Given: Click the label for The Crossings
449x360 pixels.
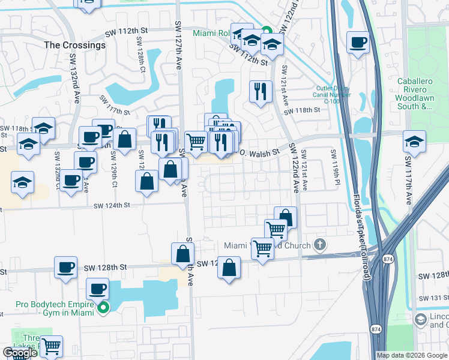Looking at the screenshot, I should point(74,45).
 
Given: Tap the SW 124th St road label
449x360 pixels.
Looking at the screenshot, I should point(112,206).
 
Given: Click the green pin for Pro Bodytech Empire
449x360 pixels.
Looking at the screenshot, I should point(103,308).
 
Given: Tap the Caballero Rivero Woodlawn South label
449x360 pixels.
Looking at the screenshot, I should point(423,94).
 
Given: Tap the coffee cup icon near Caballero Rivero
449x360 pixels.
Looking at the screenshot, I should point(358,43).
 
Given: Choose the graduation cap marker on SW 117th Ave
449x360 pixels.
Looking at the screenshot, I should point(414,142).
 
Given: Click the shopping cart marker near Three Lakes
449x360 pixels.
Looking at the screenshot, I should point(51,346).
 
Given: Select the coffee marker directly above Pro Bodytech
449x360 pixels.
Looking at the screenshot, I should point(97,289).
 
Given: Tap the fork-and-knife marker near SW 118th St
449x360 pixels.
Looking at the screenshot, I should point(259,91).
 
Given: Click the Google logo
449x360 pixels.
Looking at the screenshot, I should point(20,353).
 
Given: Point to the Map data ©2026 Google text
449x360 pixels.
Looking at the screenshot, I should point(411,355).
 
